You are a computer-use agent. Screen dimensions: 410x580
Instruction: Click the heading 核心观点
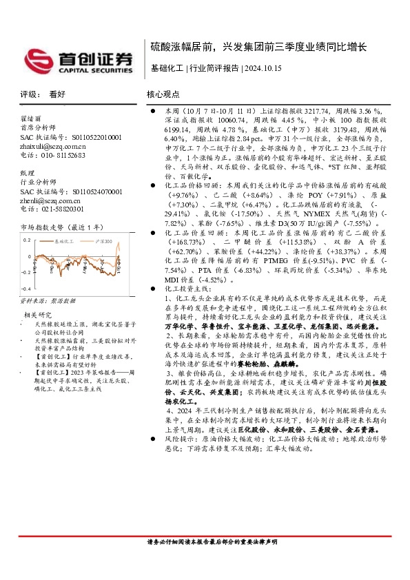click(163, 94)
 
